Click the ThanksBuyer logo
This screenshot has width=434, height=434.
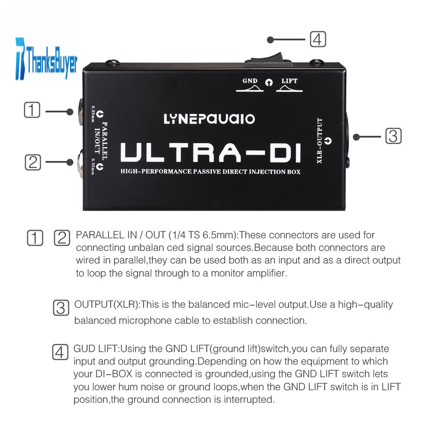(x=46, y=59)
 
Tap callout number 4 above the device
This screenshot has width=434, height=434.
(x=318, y=39)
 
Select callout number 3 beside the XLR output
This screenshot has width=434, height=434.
(x=393, y=136)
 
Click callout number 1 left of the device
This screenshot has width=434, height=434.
(x=32, y=110)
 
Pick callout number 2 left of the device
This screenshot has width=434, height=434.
(x=33, y=162)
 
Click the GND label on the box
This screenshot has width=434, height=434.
(x=250, y=81)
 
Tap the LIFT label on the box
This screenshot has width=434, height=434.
(x=289, y=81)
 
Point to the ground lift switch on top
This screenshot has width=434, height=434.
(x=268, y=60)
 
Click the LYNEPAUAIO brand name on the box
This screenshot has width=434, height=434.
(x=209, y=119)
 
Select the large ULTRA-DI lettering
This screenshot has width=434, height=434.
(x=211, y=152)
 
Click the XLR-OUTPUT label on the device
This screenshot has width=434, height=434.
(x=319, y=141)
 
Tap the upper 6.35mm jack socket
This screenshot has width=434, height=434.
(x=81, y=112)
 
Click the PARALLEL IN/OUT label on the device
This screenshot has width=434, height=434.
(x=101, y=141)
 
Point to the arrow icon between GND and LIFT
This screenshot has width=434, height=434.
(x=269, y=82)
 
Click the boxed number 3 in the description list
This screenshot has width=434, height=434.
(x=61, y=308)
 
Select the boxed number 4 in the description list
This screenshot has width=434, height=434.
(x=60, y=352)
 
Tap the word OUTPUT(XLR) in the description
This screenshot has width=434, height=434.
(x=106, y=305)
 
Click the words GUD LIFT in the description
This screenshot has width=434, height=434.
(x=95, y=349)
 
